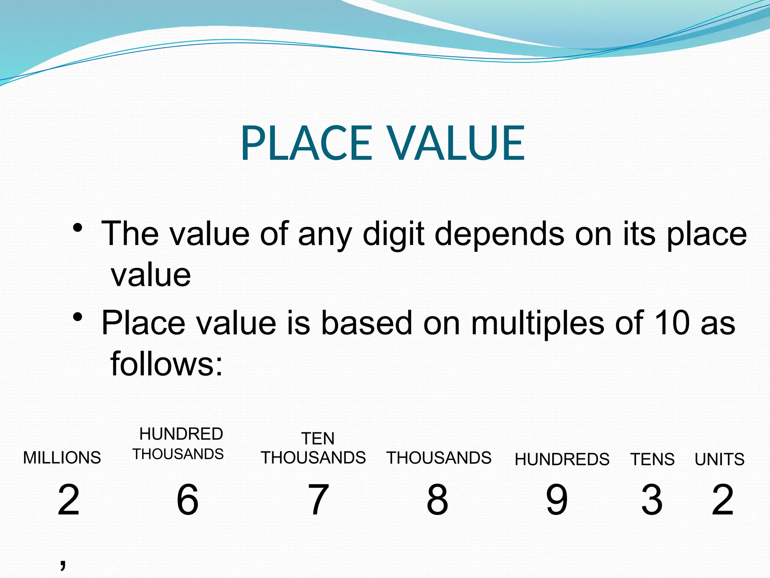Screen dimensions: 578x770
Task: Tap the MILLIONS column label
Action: [x=62, y=458]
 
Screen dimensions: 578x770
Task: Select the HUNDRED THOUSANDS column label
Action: [x=179, y=444]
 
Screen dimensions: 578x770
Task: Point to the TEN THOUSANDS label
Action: [x=314, y=449]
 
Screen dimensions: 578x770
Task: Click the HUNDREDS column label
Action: [x=562, y=459]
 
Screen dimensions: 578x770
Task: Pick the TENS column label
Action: [x=653, y=459]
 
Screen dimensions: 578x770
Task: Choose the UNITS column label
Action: [x=720, y=459]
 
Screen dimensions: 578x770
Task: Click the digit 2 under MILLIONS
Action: [x=68, y=500]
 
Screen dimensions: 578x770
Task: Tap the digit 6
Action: [x=188, y=500]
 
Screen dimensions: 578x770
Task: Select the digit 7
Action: [x=318, y=500]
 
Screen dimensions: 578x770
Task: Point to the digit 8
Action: [x=437, y=500]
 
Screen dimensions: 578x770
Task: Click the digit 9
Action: [x=557, y=500]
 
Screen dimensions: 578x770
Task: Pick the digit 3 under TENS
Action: [x=652, y=500]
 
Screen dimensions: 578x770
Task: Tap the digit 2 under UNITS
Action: [x=723, y=500]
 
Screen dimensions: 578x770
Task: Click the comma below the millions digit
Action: [x=63, y=563]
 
